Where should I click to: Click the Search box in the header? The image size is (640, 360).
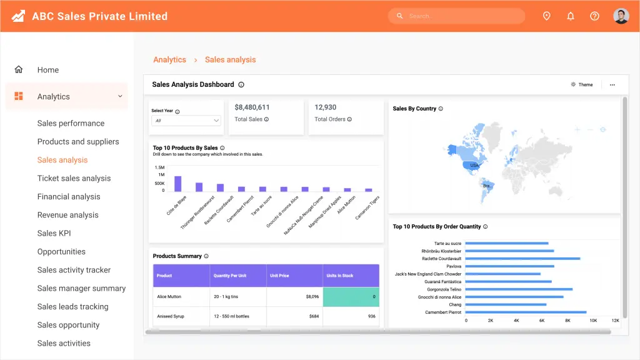[456, 16]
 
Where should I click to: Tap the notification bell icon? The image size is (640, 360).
[571, 16]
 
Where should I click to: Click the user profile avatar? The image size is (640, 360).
[621, 16]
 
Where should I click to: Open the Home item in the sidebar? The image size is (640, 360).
[47, 70]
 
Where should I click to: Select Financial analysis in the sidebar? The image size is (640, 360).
[69, 197]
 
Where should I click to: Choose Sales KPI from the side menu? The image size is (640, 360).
[54, 234]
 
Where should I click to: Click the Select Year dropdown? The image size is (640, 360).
[186, 121]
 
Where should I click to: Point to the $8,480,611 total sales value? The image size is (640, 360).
[252, 107]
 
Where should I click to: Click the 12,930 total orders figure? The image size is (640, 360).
[325, 107]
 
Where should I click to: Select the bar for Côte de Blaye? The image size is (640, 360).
[178, 184]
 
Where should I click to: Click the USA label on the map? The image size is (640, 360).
[474, 165]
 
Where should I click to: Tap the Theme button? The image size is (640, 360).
[582, 84]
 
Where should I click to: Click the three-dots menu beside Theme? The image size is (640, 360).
[612, 85]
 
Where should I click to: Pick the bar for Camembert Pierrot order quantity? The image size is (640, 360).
[526, 312]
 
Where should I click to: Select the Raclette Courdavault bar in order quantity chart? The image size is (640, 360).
[522, 258]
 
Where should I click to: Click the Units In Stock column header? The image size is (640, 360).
[351, 276]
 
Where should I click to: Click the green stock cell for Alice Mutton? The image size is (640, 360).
[351, 297]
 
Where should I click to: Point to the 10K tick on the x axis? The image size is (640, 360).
[593, 321]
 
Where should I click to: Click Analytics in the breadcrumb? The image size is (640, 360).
[169, 59]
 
